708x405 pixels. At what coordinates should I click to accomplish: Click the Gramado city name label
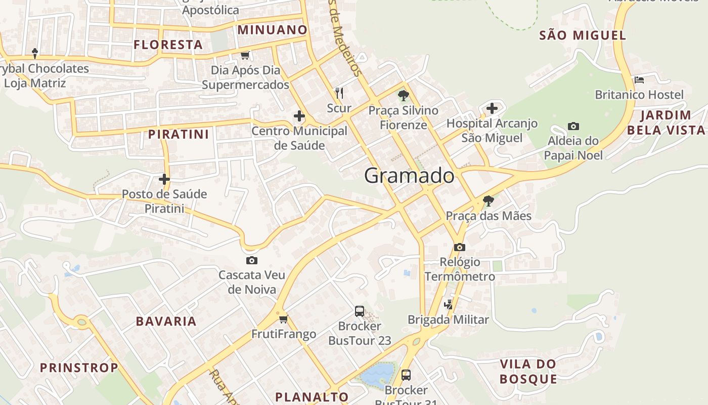point(409,176)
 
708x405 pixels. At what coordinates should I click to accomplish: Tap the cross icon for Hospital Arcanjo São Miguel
point(492,108)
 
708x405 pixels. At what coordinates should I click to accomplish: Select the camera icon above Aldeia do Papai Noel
point(573,126)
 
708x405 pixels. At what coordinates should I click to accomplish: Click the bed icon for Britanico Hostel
point(639,79)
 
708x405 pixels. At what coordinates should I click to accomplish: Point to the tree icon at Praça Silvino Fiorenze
point(403,95)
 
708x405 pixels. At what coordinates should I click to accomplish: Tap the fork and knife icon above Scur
point(339,93)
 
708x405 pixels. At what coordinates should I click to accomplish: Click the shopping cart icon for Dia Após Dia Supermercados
point(245,55)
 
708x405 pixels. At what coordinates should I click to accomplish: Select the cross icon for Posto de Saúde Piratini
point(164,179)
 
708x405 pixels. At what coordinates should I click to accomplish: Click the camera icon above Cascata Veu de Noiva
point(251,260)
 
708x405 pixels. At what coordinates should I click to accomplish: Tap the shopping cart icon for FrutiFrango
point(283,319)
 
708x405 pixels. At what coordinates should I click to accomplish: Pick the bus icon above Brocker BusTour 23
point(359,311)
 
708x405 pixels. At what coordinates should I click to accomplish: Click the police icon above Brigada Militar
point(448,304)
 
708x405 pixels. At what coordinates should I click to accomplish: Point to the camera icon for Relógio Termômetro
point(459,247)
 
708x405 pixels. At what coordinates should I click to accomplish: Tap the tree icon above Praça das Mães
point(488,201)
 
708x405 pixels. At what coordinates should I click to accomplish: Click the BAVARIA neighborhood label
point(166,321)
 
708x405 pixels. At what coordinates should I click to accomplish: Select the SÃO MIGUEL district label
point(583,35)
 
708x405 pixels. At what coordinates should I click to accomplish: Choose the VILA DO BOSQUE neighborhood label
point(528,371)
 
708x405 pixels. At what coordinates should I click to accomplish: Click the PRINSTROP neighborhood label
point(79,368)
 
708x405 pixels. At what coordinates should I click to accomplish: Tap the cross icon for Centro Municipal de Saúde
point(299,116)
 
